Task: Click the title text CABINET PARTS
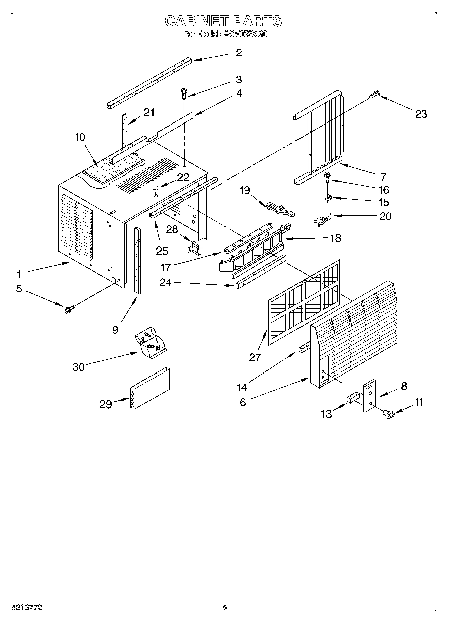click(x=224, y=21)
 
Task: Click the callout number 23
click(x=421, y=114)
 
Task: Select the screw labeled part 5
click(x=68, y=309)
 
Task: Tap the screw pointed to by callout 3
click(x=184, y=93)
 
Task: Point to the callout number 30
click(x=79, y=367)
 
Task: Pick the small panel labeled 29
click(x=149, y=389)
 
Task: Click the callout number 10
click(x=79, y=137)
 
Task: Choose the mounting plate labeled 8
click(x=369, y=396)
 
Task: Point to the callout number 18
click(x=335, y=238)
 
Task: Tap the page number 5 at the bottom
click(x=224, y=608)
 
